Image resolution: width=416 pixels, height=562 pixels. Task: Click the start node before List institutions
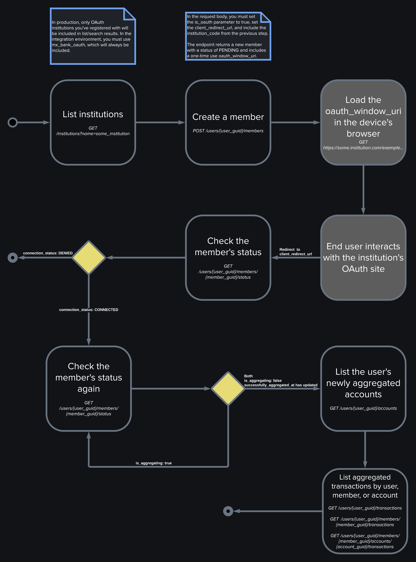pyautogui.click(x=13, y=122)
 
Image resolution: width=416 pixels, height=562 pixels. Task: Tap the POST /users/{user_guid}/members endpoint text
pyautogui.click(x=228, y=131)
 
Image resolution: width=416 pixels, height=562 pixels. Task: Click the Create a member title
pyautogui.click(x=228, y=117)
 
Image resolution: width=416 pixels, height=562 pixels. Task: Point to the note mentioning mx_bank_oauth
pyautogui.click(x=93, y=36)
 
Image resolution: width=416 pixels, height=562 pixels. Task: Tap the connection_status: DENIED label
pyautogui.click(x=48, y=253)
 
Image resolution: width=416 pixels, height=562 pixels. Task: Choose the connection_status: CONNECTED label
pyautogui.click(x=89, y=310)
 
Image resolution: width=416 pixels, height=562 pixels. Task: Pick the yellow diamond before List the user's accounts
pyautogui.click(x=228, y=388)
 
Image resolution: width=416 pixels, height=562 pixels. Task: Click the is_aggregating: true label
pyautogui.click(x=154, y=463)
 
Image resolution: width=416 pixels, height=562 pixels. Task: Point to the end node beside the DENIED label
pyautogui.click(x=13, y=258)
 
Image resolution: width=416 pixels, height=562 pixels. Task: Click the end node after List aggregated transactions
pyautogui.click(x=228, y=511)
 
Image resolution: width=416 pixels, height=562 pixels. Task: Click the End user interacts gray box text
pyautogui.click(x=363, y=258)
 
